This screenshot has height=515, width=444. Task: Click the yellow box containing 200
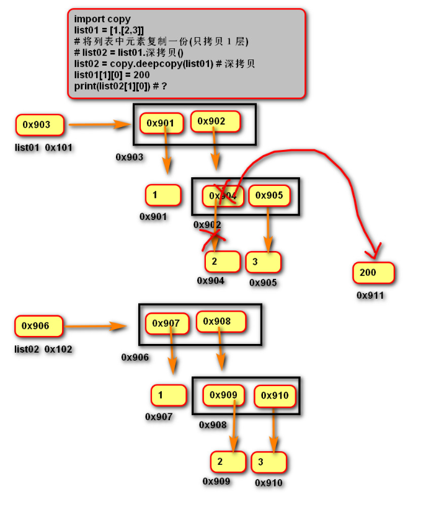tap(373, 273)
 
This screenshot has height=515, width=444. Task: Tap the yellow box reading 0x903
tap(40, 125)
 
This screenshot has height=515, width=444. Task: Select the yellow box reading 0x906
tap(40, 325)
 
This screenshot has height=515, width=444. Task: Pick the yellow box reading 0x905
tap(269, 196)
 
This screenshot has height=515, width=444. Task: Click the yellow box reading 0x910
tap(275, 395)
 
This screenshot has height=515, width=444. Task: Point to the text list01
tap(27, 148)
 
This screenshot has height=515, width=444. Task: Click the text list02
tap(27, 350)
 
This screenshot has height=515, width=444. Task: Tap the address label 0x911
tap(370, 296)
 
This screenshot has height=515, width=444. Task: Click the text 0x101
tap(59, 148)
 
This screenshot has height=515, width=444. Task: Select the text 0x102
tap(58, 350)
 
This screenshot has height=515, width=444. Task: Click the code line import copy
tap(102, 19)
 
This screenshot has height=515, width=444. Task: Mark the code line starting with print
tap(120, 85)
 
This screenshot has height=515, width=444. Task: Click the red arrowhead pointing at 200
tap(373, 253)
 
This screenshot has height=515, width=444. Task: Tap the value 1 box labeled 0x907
tap(168, 395)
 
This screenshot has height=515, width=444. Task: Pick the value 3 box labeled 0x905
tap(263, 262)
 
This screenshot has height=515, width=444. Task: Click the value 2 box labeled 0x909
tap(228, 461)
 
